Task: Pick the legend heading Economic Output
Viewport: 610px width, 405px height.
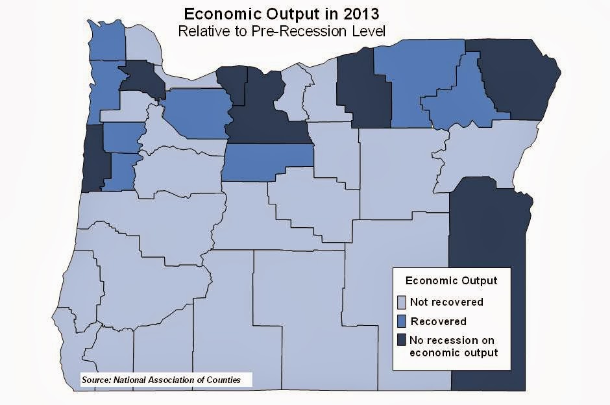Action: [x=451, y=280]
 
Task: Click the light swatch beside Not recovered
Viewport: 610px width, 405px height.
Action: [x=402, y=302]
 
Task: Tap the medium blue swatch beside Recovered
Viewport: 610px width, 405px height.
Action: [x=402, y=321]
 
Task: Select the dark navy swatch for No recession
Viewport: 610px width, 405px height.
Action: [x=402, y=340]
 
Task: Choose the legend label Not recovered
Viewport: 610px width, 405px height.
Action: [x=447, y=302]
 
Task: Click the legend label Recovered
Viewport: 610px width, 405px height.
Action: [x=439, y=321]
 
